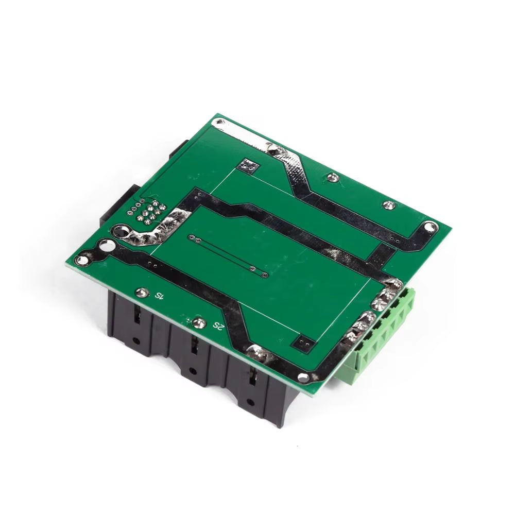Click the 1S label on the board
pos(159,296)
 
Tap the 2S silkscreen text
pos(218,326)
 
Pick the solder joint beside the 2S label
pos(198,323)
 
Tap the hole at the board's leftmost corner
pos(81,261)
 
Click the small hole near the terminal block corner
pos(304,377)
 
